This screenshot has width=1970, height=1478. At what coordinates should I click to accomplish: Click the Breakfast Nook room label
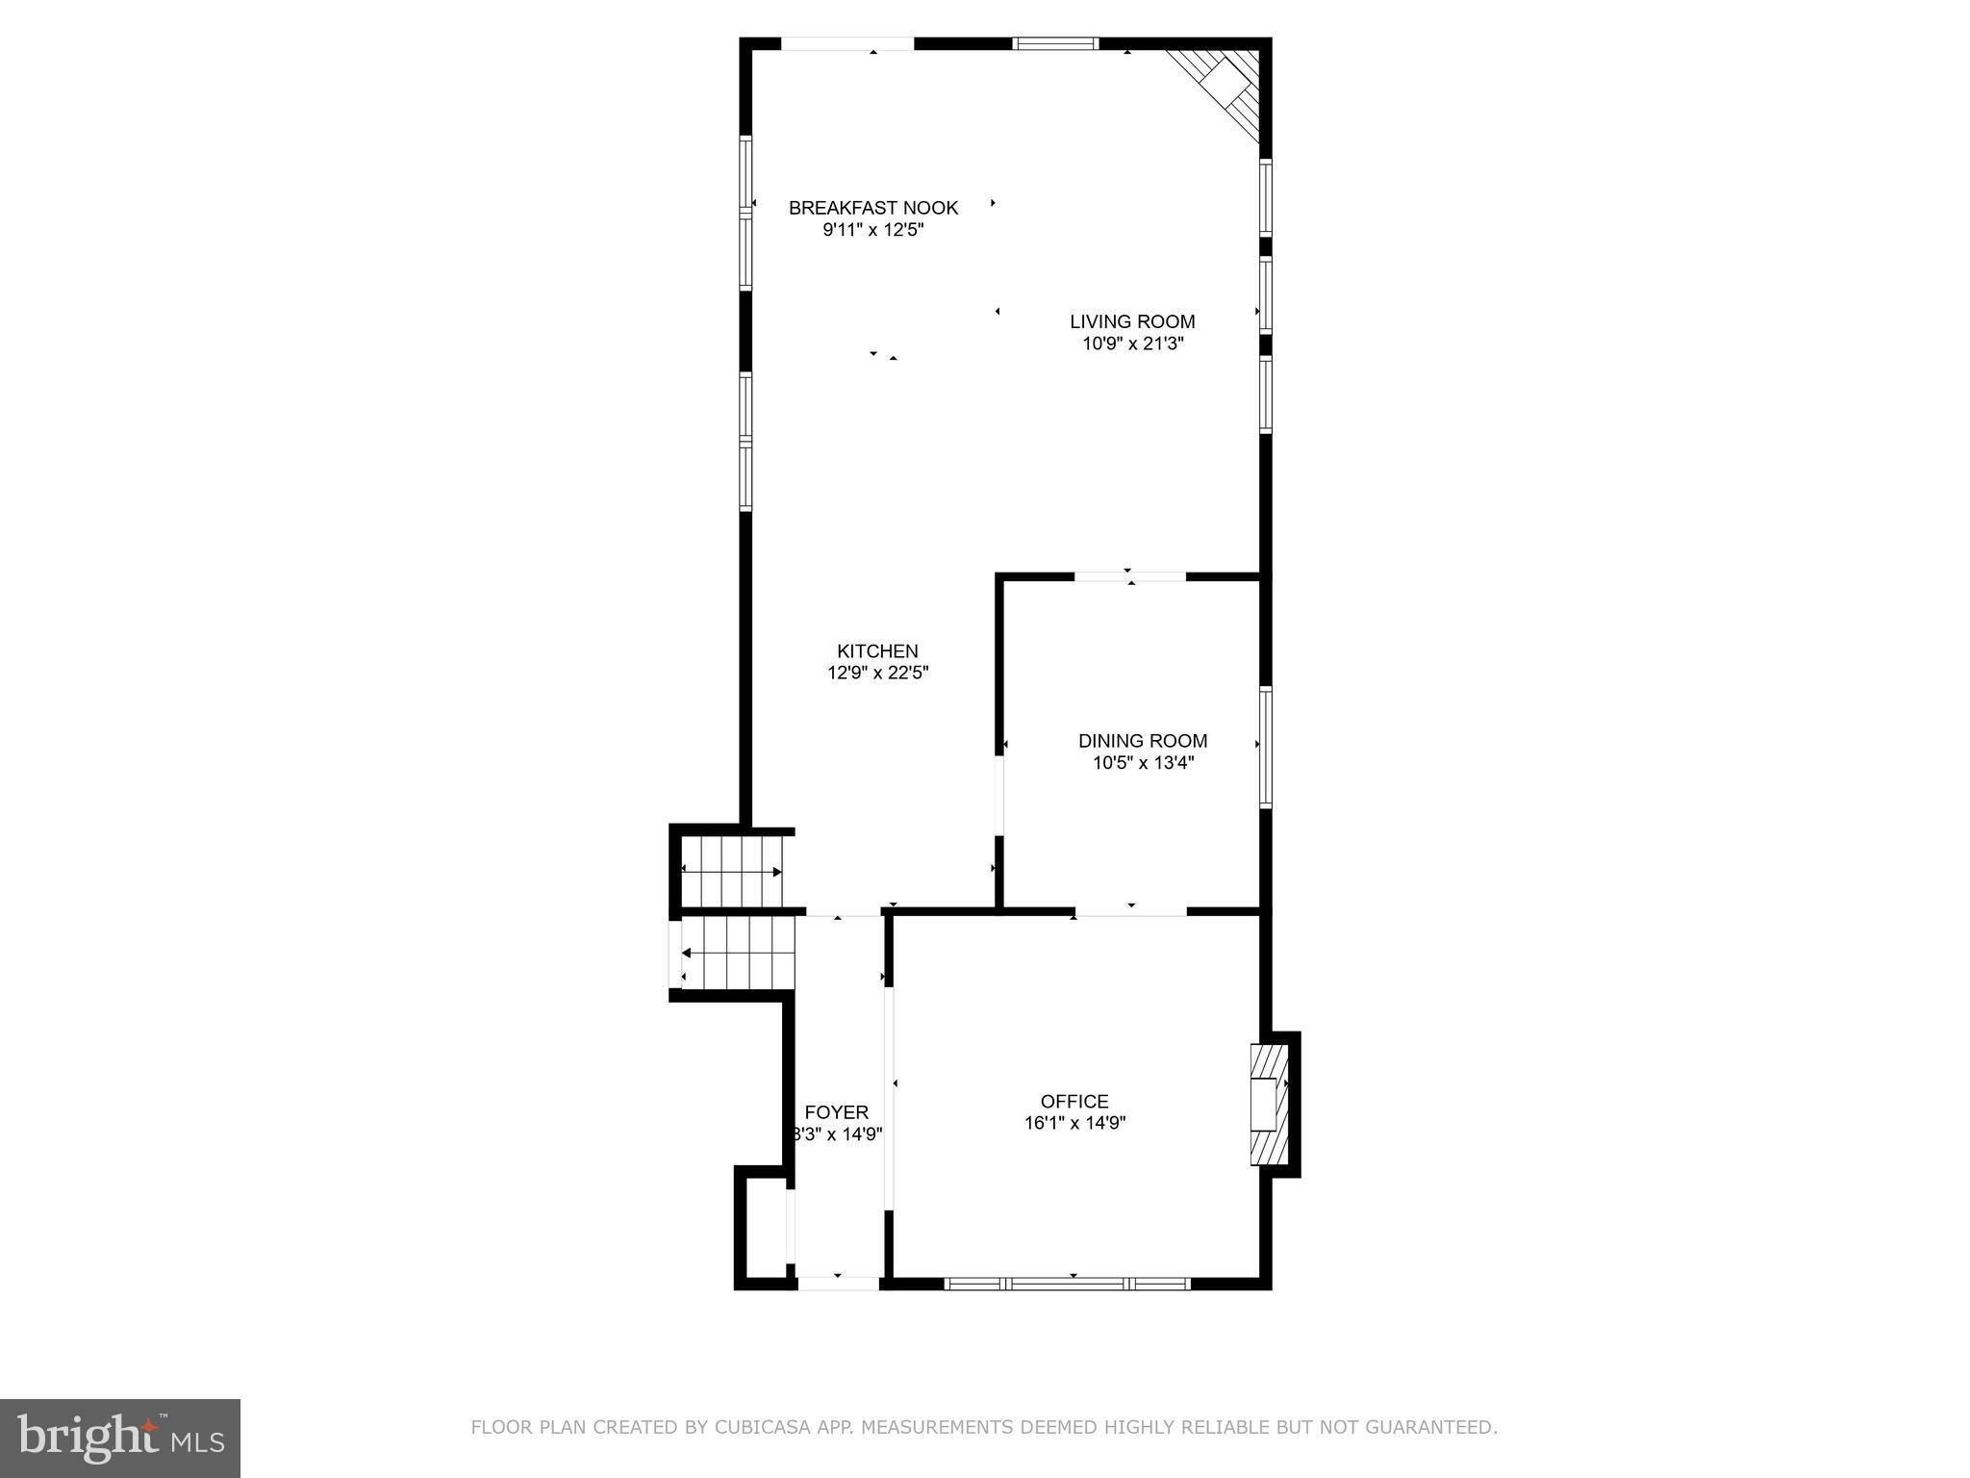pos(873,208)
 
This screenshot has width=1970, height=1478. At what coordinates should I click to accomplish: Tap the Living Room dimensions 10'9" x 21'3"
pos(1132,344)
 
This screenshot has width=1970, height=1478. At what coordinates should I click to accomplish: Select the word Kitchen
pos(877,651)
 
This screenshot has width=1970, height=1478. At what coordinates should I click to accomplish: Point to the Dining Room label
pos(1142,741)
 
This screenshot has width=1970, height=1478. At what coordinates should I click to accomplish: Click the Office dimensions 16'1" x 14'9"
pos(1074,1123)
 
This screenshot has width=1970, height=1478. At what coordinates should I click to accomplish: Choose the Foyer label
pos(836,1112)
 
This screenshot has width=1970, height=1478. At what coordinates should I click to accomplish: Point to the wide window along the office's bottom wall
pos(1068,1284)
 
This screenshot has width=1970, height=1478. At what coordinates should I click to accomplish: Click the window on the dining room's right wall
pos(1266,747)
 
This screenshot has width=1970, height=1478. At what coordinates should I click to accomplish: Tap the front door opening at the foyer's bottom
pos(838,1283)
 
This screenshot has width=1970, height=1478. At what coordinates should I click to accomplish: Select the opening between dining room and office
pos(1130,910)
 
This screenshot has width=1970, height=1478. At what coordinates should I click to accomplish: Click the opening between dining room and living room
pos(1129,576)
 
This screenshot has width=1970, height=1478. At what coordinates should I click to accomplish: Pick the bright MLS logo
pos(120,1438)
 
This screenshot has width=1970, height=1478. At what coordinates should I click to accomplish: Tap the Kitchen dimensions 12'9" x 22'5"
pos(877,674)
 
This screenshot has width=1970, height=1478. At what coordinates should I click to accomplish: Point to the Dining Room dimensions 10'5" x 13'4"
pos(1142,763)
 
